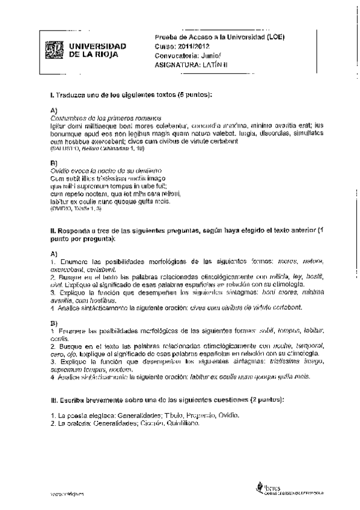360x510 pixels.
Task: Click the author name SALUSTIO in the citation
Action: point(62,148)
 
